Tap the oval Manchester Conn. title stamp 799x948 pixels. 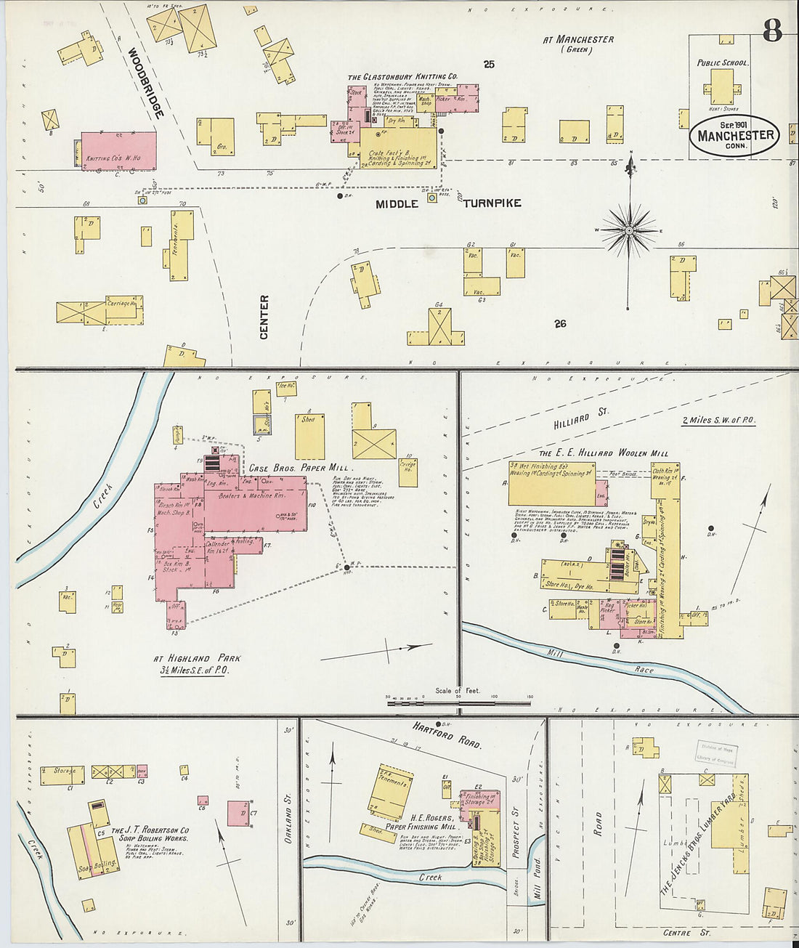[735, 136]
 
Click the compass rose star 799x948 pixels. [630, 230]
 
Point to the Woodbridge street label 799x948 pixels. [145, 83]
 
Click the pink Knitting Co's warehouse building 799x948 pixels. [118, 151]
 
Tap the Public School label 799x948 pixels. [722, 63]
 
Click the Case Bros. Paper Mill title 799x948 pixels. [300, 468]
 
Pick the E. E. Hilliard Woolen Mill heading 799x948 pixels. [603, 453]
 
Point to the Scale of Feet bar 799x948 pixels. [458, 702]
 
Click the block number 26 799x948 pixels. [560, 323]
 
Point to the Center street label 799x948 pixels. [264, 317]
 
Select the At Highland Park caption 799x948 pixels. [197, 664]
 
